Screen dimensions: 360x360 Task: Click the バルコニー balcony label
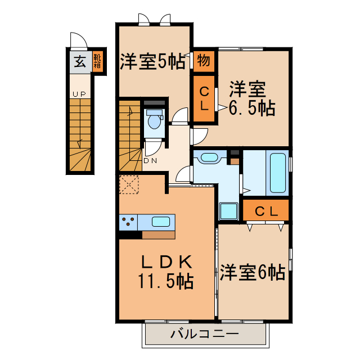[x=204, y=334]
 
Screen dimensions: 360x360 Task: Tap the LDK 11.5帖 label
[x=166, y=271]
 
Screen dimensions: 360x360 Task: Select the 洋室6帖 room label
[x=252, y=272]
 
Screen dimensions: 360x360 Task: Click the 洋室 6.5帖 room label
[x=250, y=99]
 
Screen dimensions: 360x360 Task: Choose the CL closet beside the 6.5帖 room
[x=204, y=98]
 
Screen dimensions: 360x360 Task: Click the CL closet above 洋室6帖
[x=266, y=211]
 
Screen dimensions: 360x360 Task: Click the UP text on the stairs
[x=79, y=94]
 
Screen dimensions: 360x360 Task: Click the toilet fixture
[x=153, y=121]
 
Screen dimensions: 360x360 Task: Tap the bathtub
[x=278, y=172]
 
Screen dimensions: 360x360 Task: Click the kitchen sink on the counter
[x=161, y=221]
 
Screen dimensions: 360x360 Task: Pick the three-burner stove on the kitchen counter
[x=128, y=222]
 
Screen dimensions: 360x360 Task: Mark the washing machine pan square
[x=228, y=211]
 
